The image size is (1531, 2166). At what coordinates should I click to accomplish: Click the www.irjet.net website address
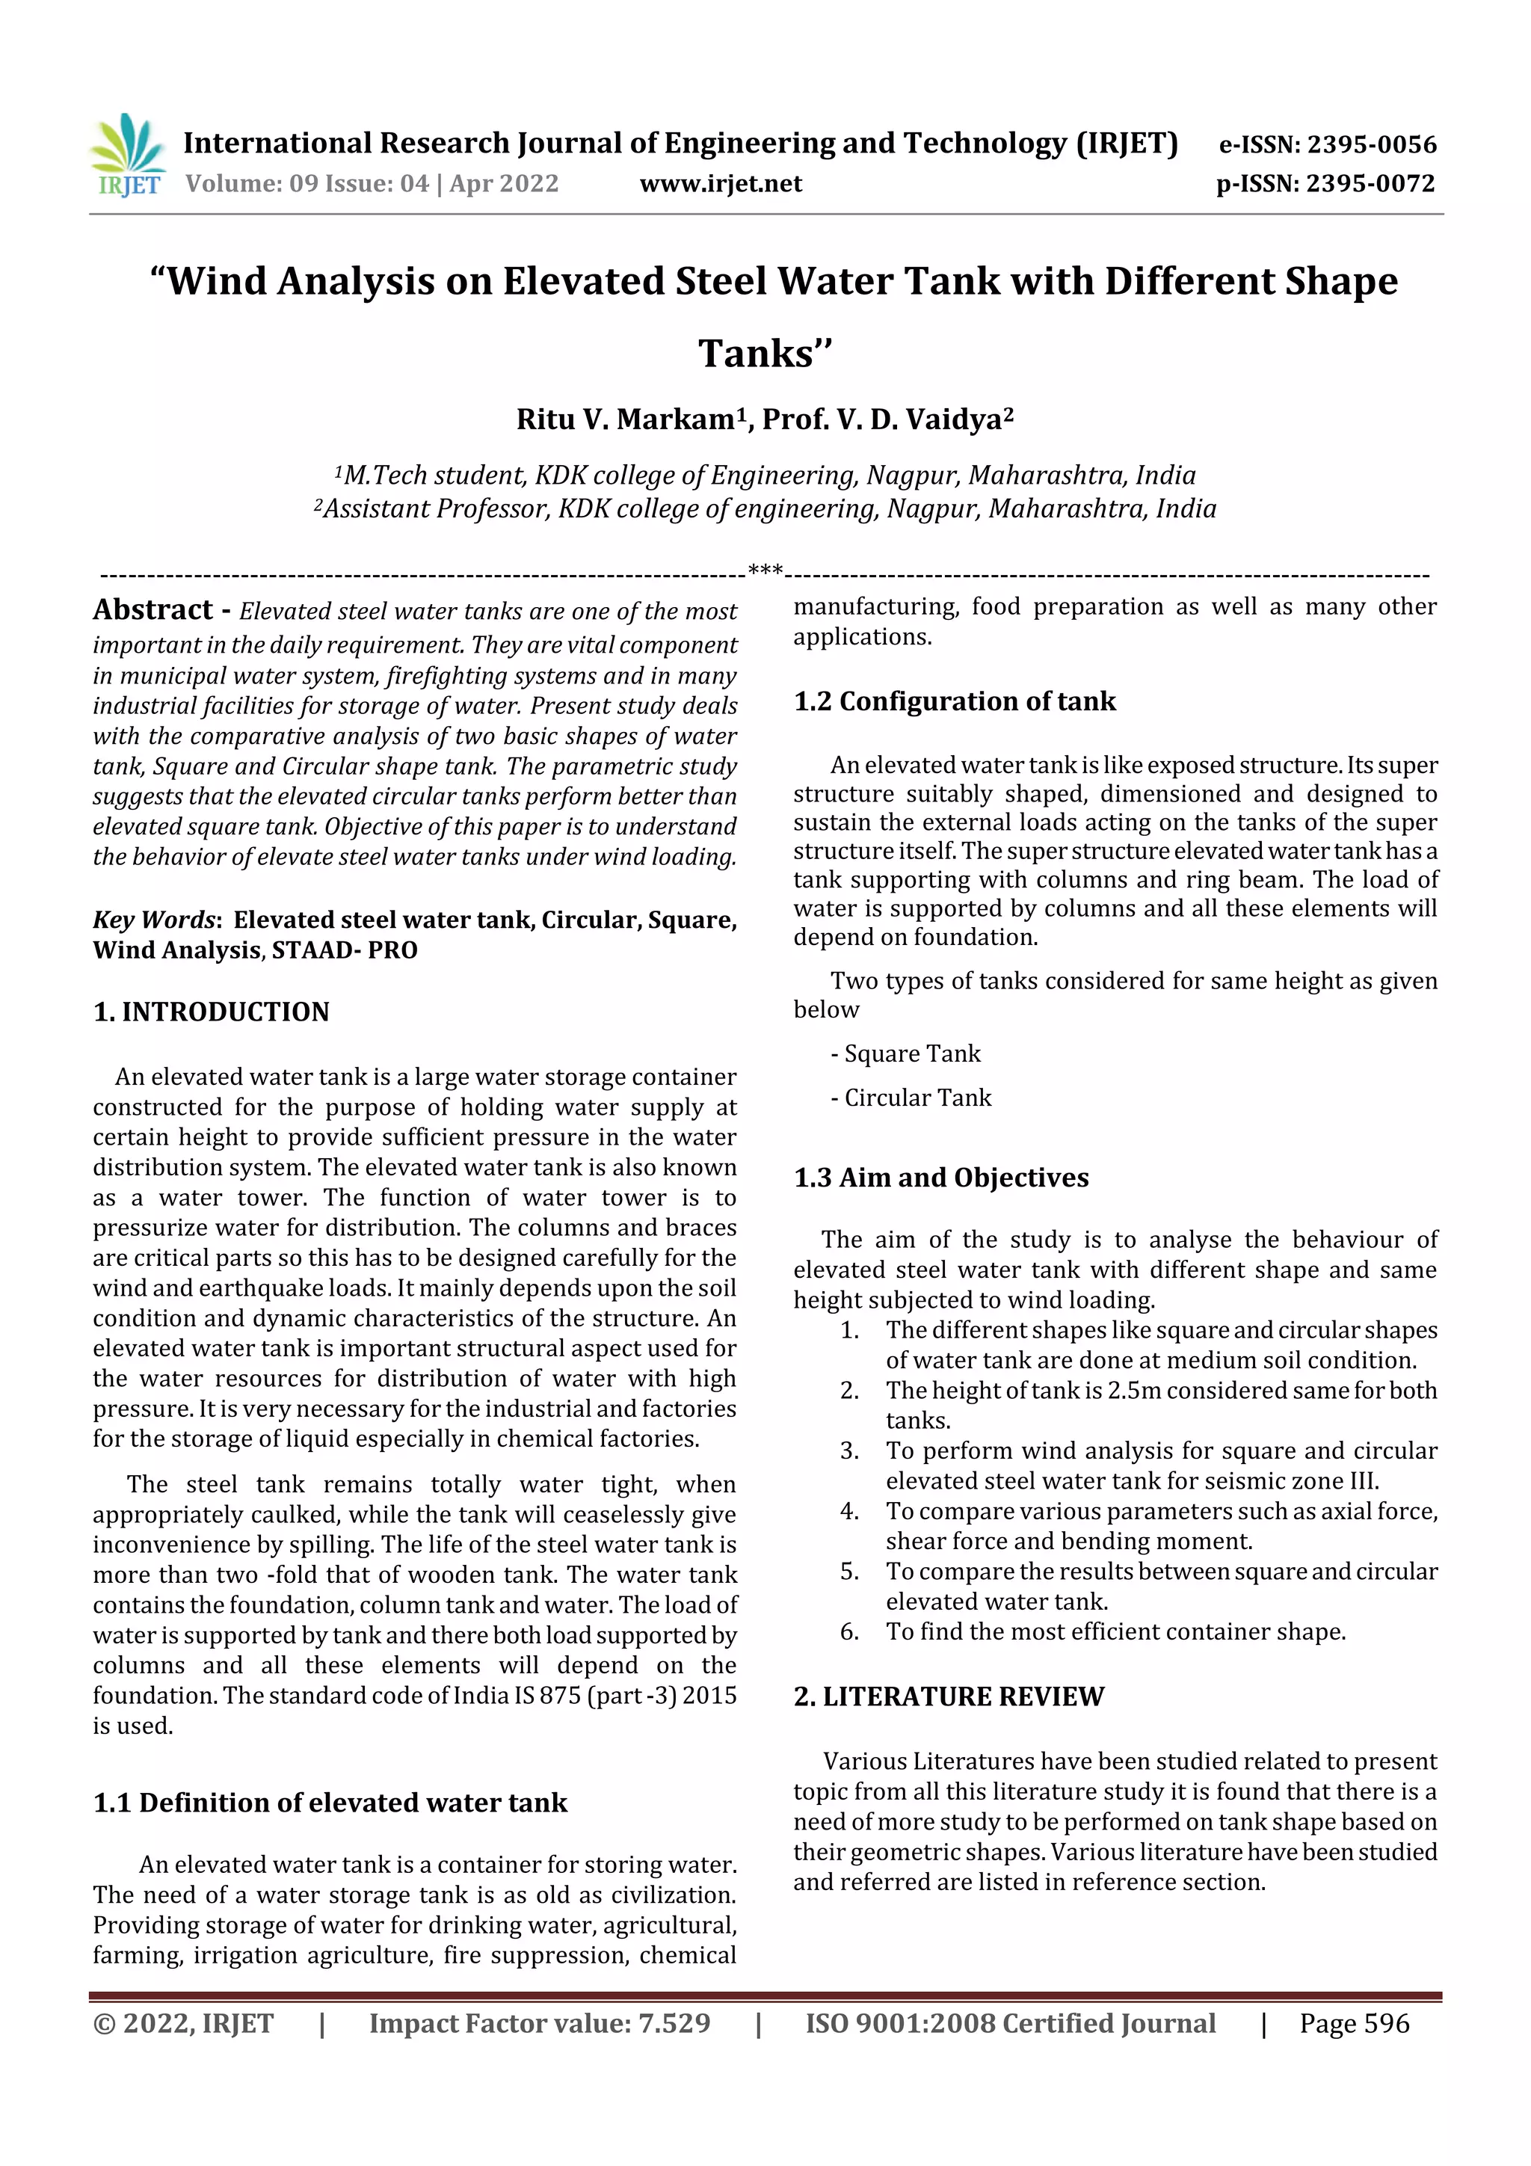[x=721, y=183]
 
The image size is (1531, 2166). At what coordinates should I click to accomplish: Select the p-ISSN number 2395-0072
[x=1370, y=183]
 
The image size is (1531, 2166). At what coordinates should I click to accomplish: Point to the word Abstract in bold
[x=153, y=609]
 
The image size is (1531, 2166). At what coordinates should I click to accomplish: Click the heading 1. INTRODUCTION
[x=212, y=1012]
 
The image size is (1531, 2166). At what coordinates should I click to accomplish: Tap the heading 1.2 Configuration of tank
[x=955, y=701]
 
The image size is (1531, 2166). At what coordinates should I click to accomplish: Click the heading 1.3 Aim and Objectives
[x=941, y=1178]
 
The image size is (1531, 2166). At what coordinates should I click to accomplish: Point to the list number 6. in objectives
[x=849, y=1631]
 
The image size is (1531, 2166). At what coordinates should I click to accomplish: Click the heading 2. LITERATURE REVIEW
[x=948, y=1696]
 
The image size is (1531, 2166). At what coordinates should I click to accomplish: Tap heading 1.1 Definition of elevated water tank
[x=330, y=1803]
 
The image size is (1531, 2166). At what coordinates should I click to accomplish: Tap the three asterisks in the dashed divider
[x=764, y=570]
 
